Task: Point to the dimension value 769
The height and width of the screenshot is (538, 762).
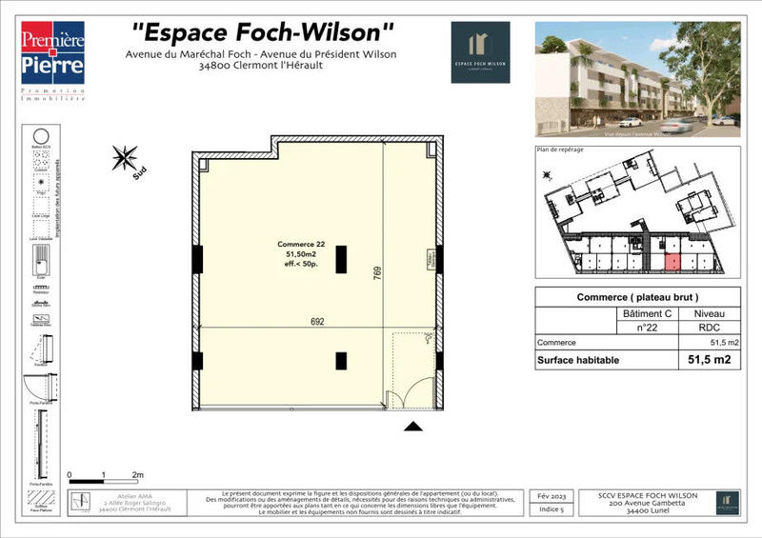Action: point(377,277)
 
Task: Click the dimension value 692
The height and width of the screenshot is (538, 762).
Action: point(317,322)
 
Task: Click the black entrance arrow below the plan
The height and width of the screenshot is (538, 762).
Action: point(412,427)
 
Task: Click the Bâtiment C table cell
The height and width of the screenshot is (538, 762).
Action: point(647,312)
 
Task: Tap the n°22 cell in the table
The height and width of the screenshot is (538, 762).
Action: point(647,327)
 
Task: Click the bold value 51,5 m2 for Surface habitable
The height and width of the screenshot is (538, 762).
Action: point(709,360)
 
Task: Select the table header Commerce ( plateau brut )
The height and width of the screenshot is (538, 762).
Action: point(644,297)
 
